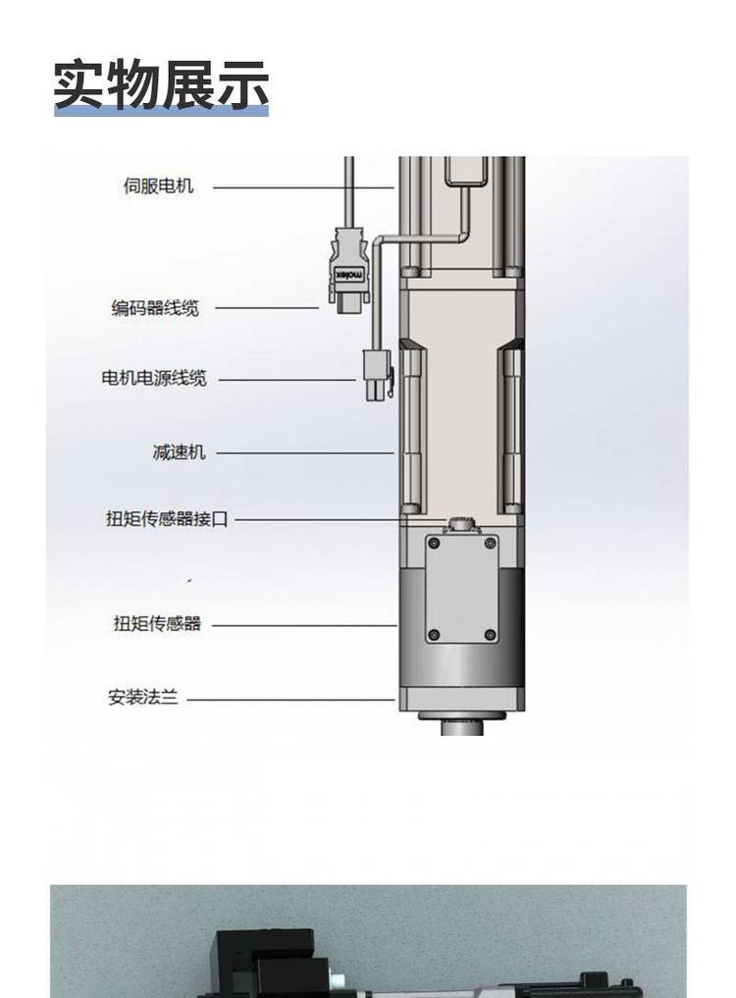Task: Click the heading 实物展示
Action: point(161,84)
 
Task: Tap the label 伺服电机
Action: point(158,185)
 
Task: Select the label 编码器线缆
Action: point(154,308)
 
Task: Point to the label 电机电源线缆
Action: point(154,378)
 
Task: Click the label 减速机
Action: point(179,452)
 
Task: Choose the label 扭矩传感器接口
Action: point(167,519)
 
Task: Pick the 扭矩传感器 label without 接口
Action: point(157,623)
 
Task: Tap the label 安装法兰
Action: point(143,699)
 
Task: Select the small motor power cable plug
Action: point(376,376)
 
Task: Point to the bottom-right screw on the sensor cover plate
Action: point(490,636)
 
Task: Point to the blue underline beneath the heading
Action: point(161,113)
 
